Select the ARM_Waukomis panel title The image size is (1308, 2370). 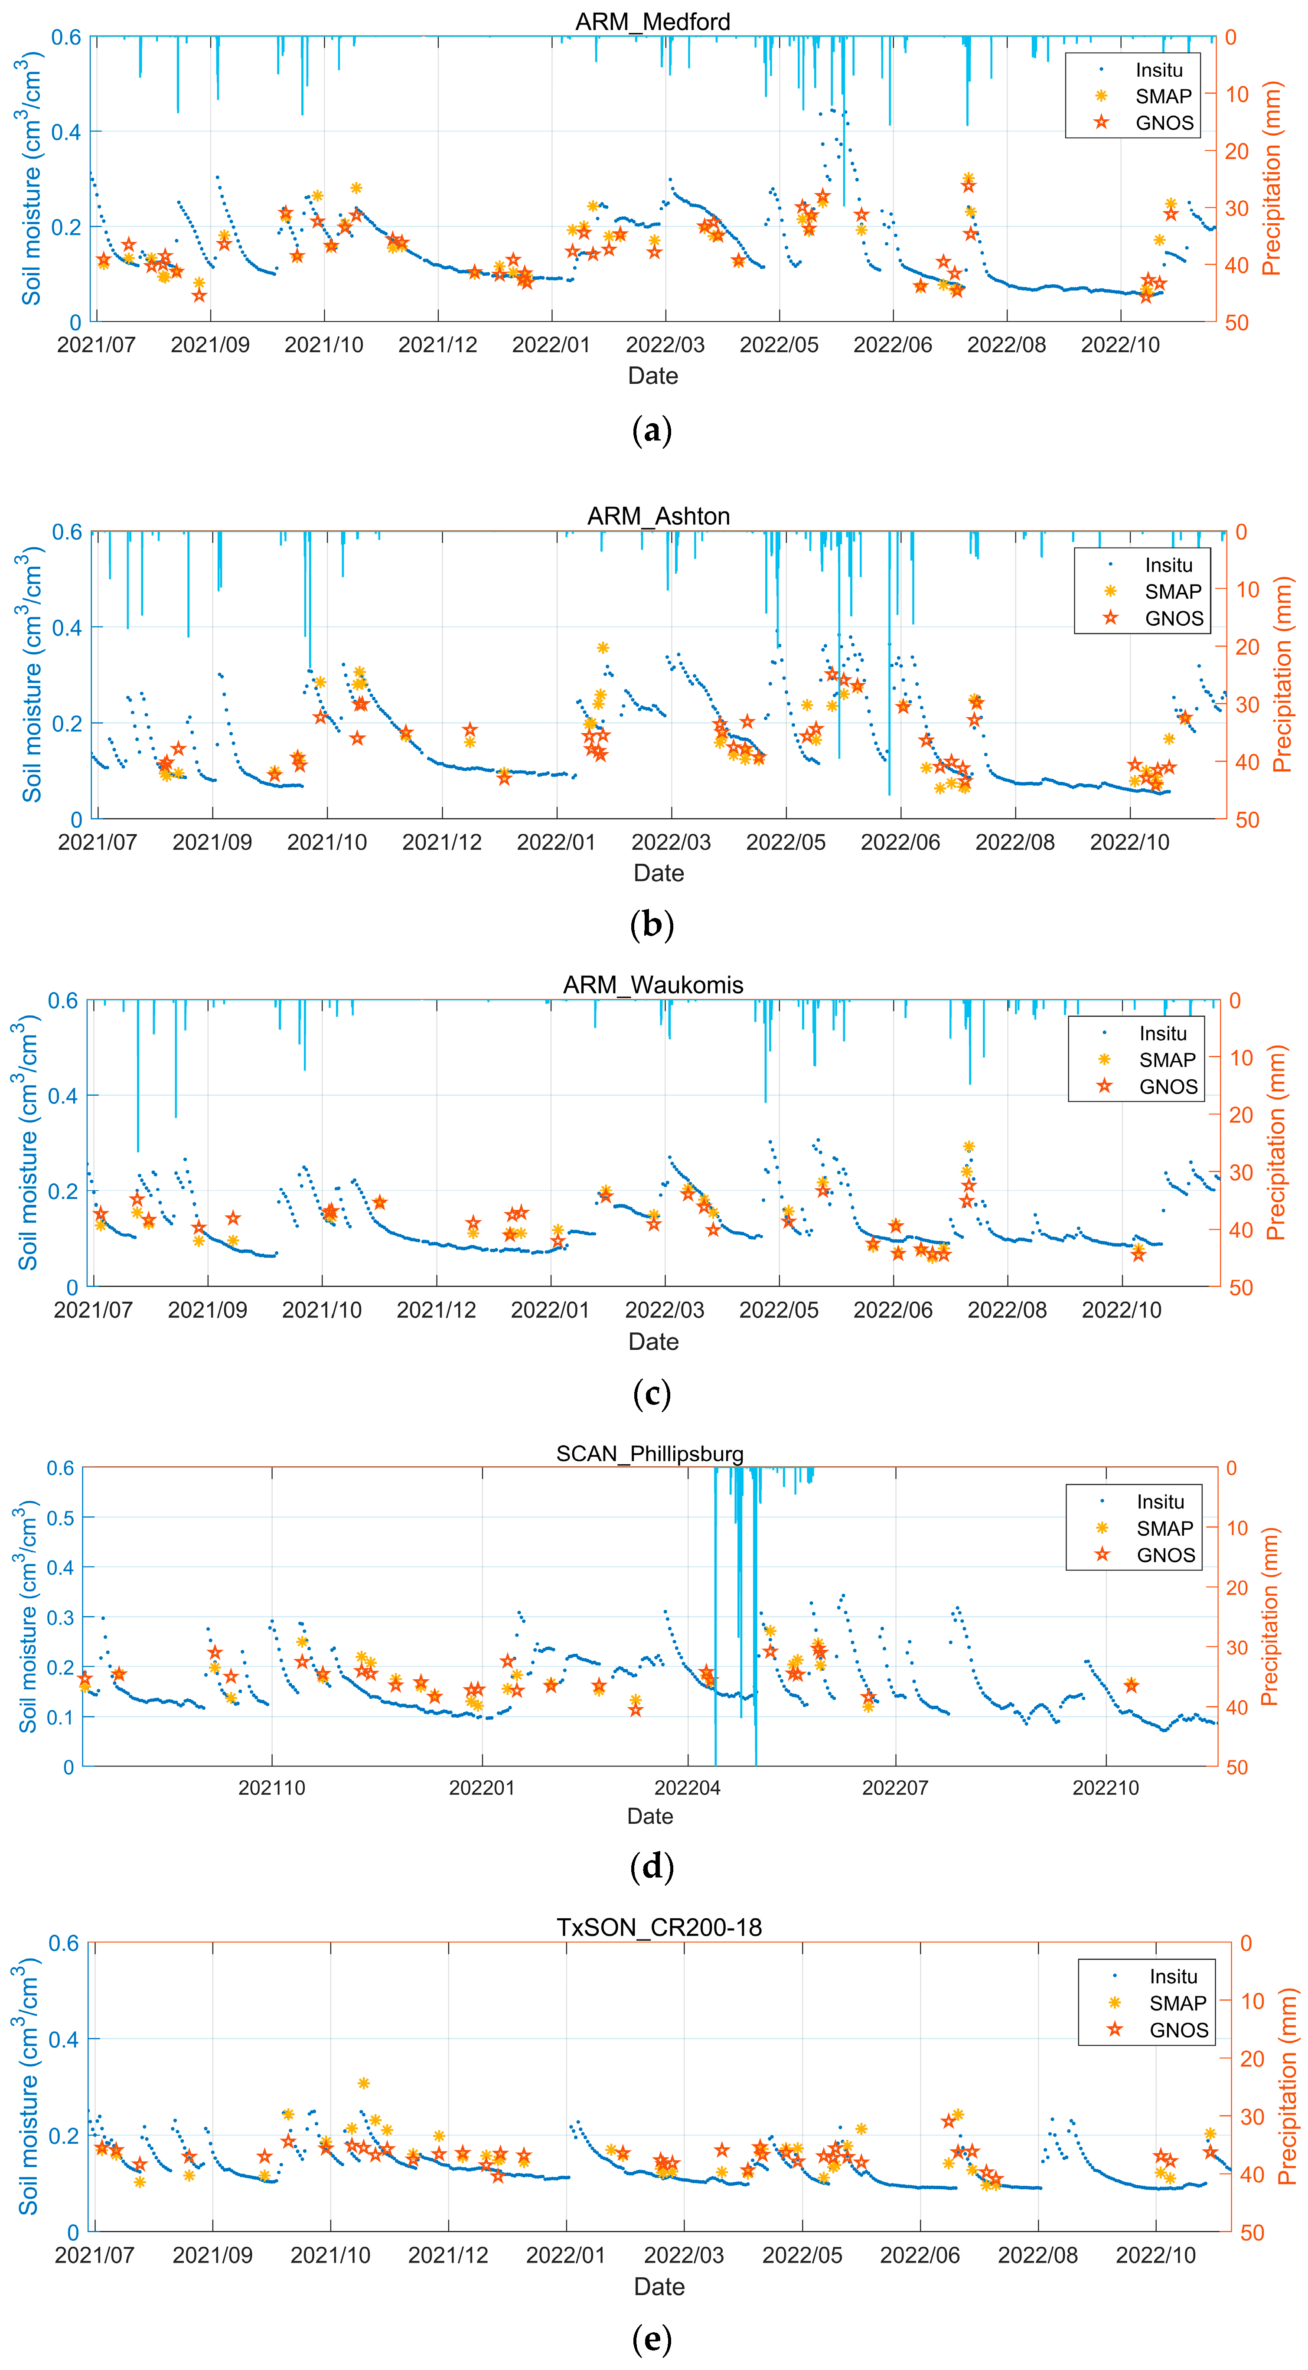click(653, 984)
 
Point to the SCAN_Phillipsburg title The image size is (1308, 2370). click(649, 1454)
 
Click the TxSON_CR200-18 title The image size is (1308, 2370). click(659, 1927)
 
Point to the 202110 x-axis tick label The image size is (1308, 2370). click(271, 1788)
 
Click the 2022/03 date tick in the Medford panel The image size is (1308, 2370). click(665, 345)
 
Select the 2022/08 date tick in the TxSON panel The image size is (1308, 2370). click(1037, 2255)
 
